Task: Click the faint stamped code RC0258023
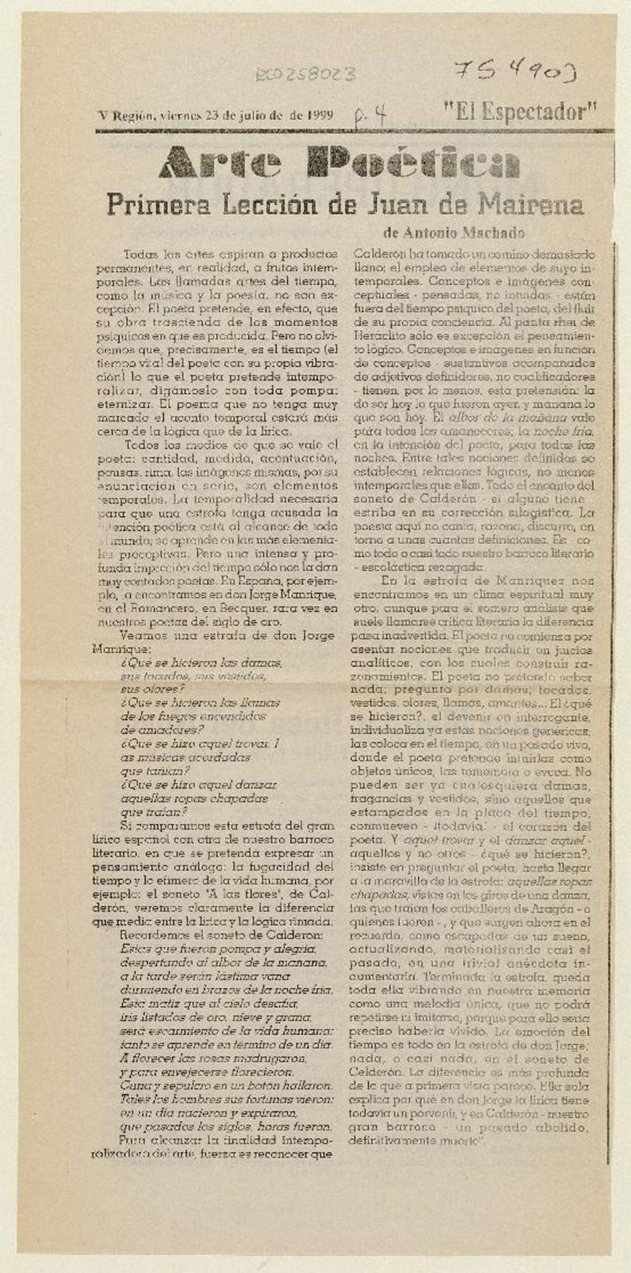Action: [x=304, y=75]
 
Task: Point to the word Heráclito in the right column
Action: [x=377, y=336]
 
